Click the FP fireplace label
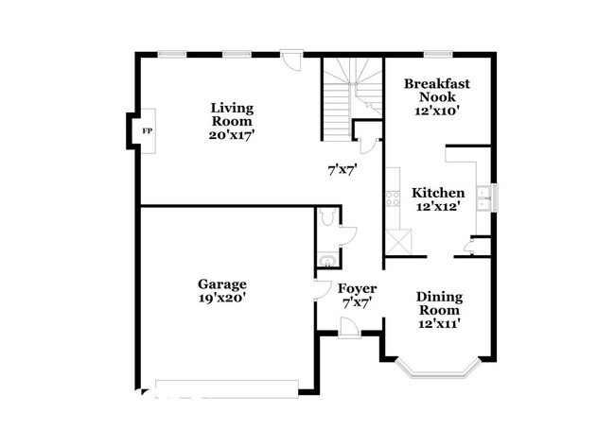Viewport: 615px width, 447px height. pyautogui.click(x=147, y=131)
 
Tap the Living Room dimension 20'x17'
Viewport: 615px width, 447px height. pyautogui.click(x=232, y=135)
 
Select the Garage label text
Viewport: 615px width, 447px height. pyautogui.click(x=222, y=284)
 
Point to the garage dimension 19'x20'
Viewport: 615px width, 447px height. pyautogui.click(x=222, y=298)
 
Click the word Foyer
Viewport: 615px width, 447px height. pyautogui.click(x=358, y=289)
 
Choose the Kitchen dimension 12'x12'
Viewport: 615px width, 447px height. pyautogui.click(x=438, y=206)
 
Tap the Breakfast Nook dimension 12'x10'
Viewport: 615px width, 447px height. pyautogui.click(x=437, y=111)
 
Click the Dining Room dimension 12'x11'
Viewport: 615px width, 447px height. pyautogui.click(x=439, y=324)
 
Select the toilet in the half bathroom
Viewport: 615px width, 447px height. pyautogui.click(x=326, y=217)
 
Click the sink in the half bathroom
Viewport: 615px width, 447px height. pyautogui.click(x=326, y=261)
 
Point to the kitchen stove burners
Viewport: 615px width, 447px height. pyautogui.click(x=393, y=198)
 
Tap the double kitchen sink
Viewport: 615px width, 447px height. pyautogui.click(x=483, y=198)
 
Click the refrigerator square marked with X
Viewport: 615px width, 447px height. pyautogui.click(x=398, y=243)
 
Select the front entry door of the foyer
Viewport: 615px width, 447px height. pyautogui.click(x=349, y=328)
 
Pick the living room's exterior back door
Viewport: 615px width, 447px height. pyautogui.click(x=291, y=60)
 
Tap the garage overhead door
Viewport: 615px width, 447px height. pyautogui.click(x=227, y=389)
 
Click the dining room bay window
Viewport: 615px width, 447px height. pyautogui.click(x=437, y=370)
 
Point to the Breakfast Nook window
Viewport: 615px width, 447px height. pyautogui.click(x=438, y=55)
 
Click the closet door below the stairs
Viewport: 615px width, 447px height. pyautogui.click(x=368, y=146)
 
